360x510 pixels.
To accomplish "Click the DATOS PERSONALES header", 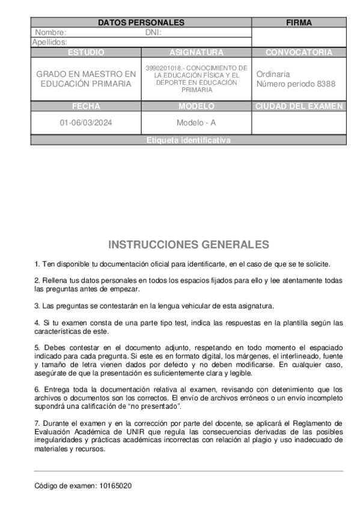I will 141,23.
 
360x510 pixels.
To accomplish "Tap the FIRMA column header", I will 299,23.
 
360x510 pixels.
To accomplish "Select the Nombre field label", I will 50,32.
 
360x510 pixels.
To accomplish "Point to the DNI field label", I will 154,32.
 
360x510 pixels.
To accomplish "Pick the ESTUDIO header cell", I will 86,52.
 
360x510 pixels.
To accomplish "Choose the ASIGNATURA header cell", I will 197,52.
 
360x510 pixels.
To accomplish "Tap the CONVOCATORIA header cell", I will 299,52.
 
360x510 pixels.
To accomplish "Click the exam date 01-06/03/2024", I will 85,123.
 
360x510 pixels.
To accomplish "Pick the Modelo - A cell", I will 196,123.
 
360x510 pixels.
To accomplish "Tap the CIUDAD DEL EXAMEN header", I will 299,106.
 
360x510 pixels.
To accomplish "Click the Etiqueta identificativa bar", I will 188,140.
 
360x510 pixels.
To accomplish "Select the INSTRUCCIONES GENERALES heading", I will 188,245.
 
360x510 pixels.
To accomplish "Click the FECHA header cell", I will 86,106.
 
